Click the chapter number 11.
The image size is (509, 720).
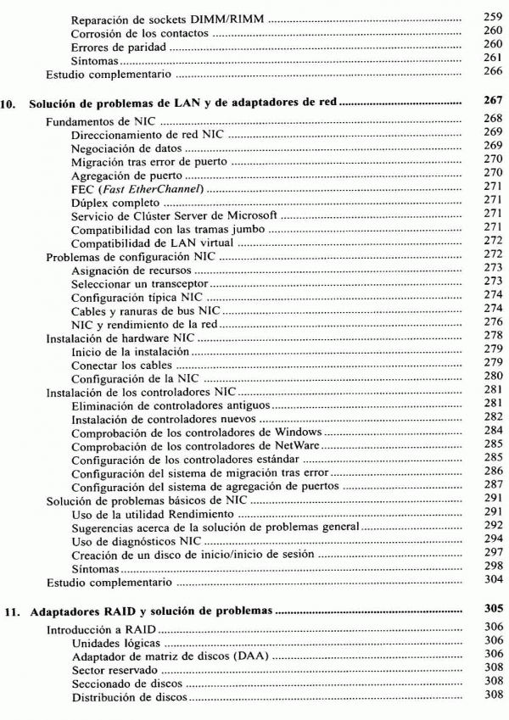(x=16, y=609)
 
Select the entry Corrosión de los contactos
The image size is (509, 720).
(x=140, y=33)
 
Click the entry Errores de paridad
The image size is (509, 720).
(x=119, y=47)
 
